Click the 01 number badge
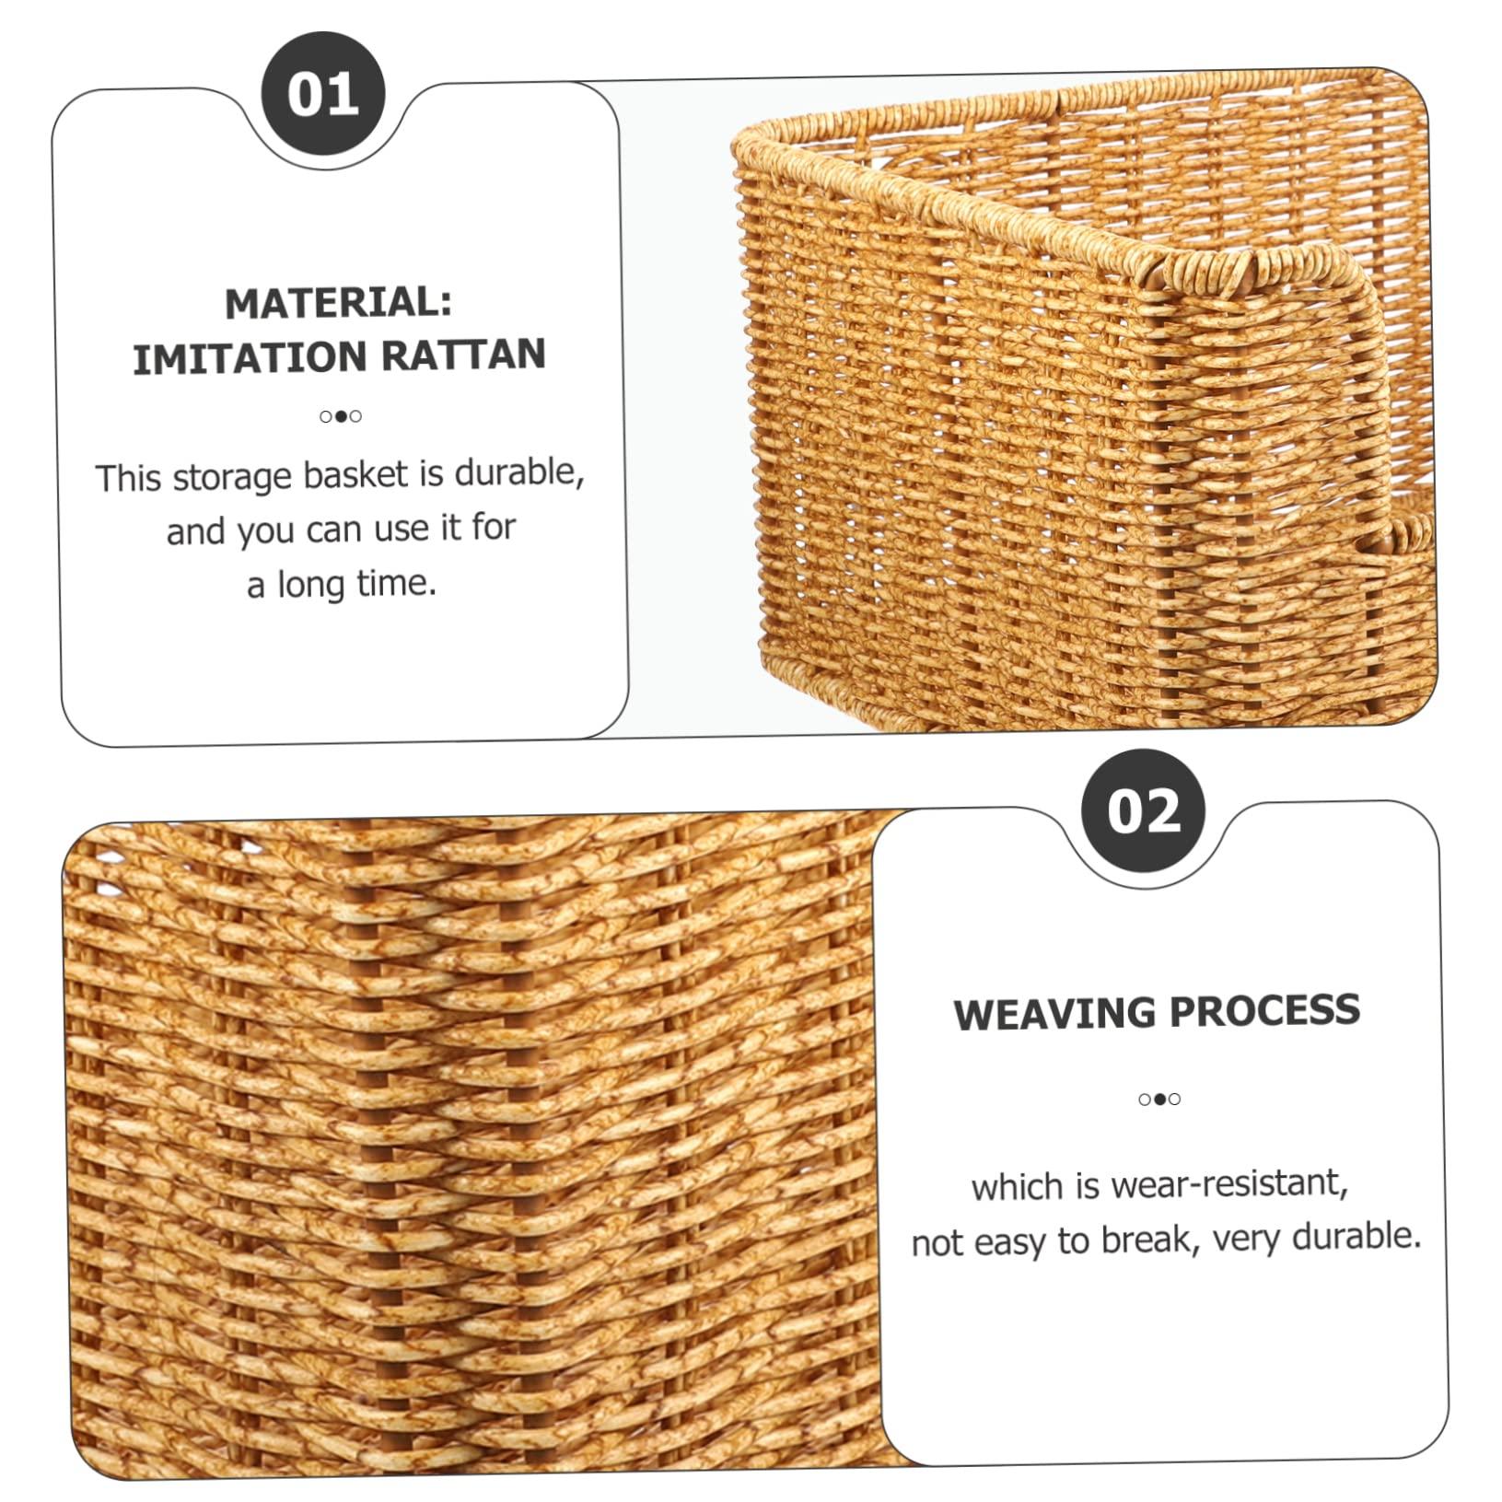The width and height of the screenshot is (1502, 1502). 322,94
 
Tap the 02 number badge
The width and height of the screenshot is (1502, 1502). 1143,811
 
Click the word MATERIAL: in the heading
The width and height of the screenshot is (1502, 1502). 338,302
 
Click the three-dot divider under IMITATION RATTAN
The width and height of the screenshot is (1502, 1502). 341,416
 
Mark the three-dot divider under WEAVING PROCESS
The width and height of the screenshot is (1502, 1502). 1159,1099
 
